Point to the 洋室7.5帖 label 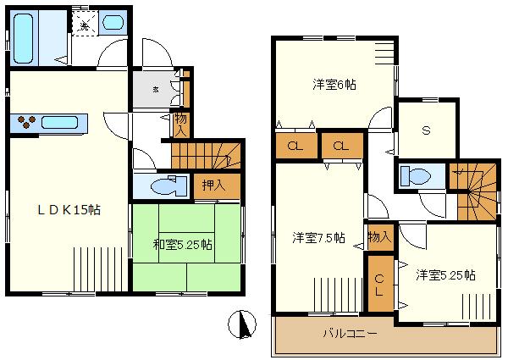318,237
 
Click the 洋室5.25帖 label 445,275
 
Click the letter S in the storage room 428,130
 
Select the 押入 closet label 213,185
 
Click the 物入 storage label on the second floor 379,236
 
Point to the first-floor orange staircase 207,155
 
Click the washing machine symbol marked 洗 84,25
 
